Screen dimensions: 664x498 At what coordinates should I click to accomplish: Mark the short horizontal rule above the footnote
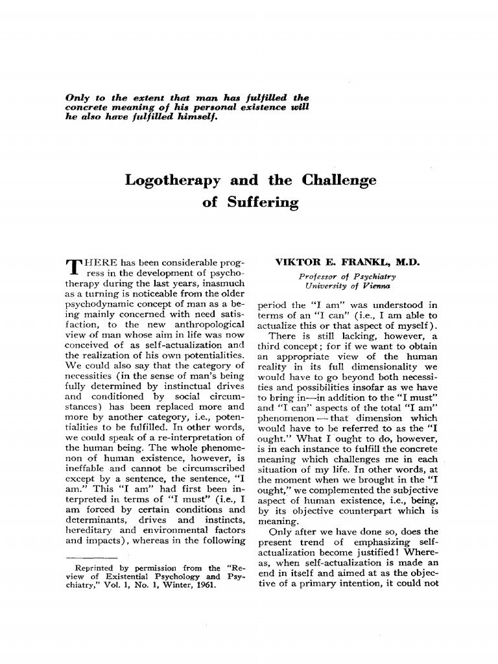[91, 556]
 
